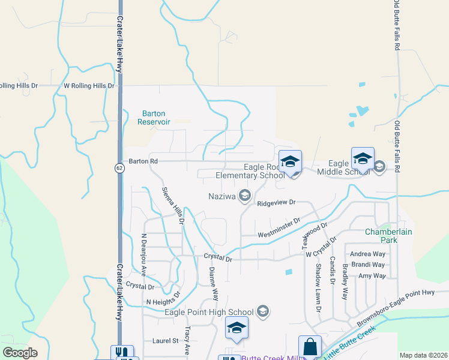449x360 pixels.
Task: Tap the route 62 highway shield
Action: pyautogui.click(x=120, y=169)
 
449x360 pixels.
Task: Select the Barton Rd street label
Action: pyautogui.click(x=143, y=161)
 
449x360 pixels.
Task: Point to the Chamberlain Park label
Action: pyautogui.click(x=381, y=236)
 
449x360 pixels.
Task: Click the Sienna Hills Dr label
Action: pyautogui.click(x=172, y=206)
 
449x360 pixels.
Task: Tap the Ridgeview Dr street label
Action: pyautogui.click(x=277, y=203)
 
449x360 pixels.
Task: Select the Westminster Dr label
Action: pyautogui.click(x=279, y=228)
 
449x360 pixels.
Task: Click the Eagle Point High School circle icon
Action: pyautogui.click(x=262, y=311)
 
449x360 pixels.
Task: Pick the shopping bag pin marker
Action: pyautogui.click(x=310, y=347)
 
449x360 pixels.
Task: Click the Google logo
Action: pyautogui.click(x=20, y=352)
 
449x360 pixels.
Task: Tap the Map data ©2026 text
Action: pyautogui.click(x=423, y=355)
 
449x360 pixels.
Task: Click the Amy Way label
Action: pyautogui.click(x=372, y=275)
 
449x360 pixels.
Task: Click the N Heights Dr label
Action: pyautogui.click(x=163, y=301)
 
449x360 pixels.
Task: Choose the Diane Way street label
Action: pyautogui.click(x=213, y=284)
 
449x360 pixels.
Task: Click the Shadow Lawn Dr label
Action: pyautogui.click(x=318, y=288)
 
